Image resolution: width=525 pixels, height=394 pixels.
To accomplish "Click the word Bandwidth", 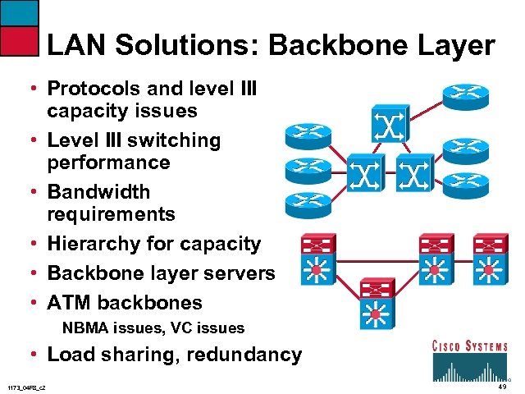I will [99, 192].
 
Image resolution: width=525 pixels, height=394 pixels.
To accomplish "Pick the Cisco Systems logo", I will [469, 359].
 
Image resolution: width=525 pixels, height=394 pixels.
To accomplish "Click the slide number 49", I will [500, 386].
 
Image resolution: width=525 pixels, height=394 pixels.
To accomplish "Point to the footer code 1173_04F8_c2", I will [26, 387].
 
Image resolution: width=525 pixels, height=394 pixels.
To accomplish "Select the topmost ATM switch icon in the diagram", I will [386, 122].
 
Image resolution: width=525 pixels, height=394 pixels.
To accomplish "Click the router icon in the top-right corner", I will [465, 95].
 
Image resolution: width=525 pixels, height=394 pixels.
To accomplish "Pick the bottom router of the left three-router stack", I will [308, 204].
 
